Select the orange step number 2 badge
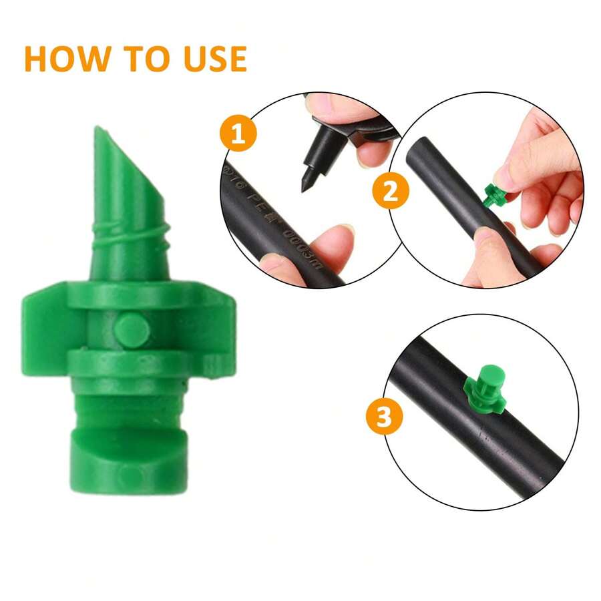pos(391,191)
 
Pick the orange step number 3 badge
pos(384,417)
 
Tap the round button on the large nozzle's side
pos(130,329)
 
